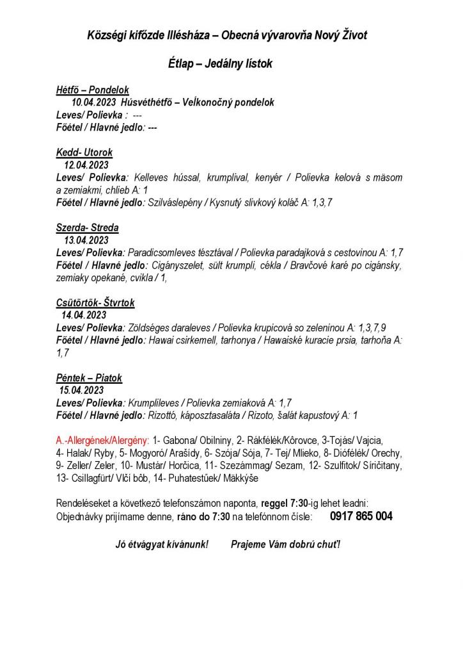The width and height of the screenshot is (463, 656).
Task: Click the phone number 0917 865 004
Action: [x=361, y=516]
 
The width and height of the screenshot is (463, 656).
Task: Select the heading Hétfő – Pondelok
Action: [x=93, y=90]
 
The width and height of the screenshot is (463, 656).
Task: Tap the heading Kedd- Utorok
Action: [x=84, y=152]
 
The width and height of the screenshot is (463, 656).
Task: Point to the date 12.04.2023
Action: [x=86, y=165]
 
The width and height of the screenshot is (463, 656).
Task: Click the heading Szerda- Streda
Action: [x=88, y=227]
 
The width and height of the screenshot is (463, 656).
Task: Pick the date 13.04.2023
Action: [x=86, y=240]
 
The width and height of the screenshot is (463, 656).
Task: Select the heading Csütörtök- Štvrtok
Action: [x=95, y=302]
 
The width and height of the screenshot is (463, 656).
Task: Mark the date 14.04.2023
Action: [x=84, y=315]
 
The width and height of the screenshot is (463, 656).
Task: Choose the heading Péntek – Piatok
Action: [x=89, y=378]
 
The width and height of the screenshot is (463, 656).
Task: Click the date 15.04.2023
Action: [x=81, y=390]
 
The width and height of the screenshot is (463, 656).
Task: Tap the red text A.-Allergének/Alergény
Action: [x=103, y=441]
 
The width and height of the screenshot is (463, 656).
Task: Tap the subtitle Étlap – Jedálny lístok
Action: [x=220, y=64]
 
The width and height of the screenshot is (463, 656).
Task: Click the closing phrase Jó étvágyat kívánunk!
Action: [x=162, y=544]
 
